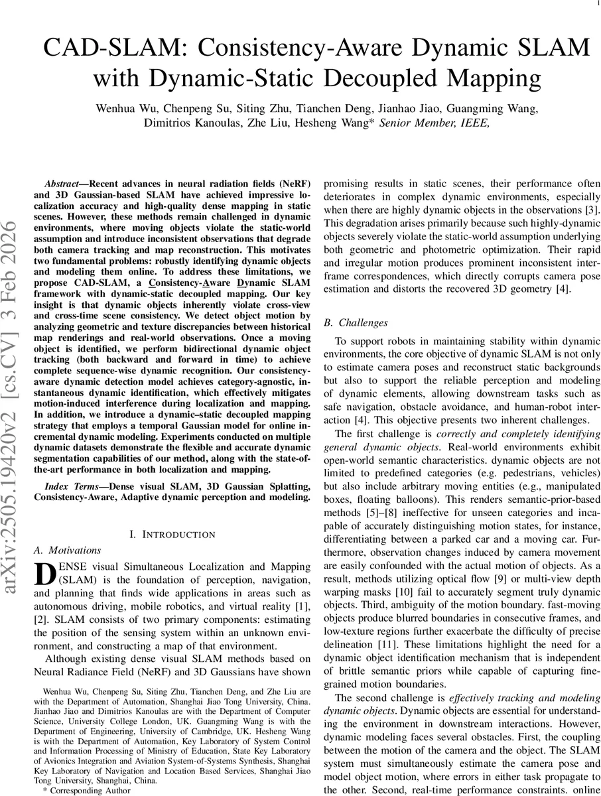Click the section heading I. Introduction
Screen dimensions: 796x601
click(172, 535)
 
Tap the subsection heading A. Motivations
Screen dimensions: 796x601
click(67, 551)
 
